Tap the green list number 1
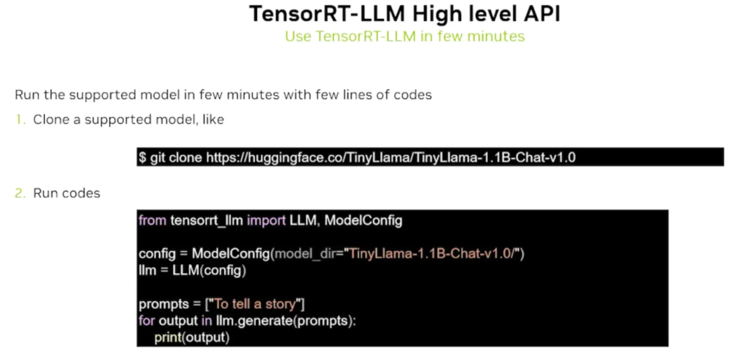coord(20,120)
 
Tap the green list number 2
coord(20,193)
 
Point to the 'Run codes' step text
coord(66,193)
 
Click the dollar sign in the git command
coord(142,158)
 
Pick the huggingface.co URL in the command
coord(391,158)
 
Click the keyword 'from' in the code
coord(152,221)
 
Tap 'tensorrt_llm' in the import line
coord(206,221)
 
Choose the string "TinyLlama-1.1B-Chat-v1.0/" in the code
coord(433,254)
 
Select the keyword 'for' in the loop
coord(147,321)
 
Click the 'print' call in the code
coord(167,338)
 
